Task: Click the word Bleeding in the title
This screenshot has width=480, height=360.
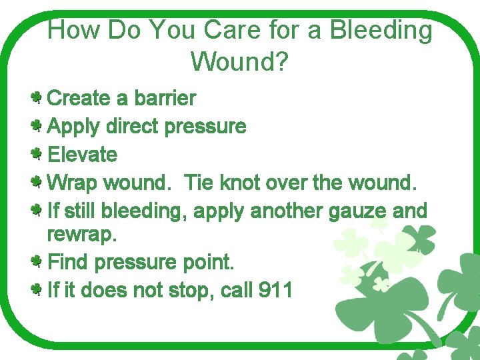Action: click(x=381, y=31)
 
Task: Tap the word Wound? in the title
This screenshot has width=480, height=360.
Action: click(x=239, y=62)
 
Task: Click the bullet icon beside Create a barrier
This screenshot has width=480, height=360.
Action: click(x=38, y=99)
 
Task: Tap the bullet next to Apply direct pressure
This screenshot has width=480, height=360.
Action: click(x=38, y=125)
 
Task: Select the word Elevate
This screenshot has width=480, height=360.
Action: click(x=83, y=155)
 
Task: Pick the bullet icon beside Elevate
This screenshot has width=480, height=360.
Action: click(x=38, y=154)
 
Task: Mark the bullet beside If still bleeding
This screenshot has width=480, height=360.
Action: click(x=38, y=211)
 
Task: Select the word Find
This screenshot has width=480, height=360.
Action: click(x=69, y=262)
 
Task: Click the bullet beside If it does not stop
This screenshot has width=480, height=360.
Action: click(x=38, y=289)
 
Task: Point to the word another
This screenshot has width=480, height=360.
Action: click(x=286, y=211)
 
